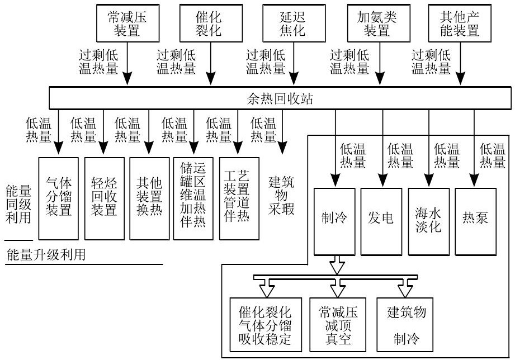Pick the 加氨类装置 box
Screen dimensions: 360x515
click(376, 23)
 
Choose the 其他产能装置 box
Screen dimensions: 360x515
click(461, 23)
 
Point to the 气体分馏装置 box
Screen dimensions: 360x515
click(58, 198)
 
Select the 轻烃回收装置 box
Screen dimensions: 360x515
click(104, 198)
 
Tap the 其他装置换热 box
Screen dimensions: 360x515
click(149, 198)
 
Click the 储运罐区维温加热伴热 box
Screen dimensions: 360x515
click(193, 198)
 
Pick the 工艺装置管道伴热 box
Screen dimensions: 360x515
click(239, 198)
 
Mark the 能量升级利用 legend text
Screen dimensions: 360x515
click(45, 255)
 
